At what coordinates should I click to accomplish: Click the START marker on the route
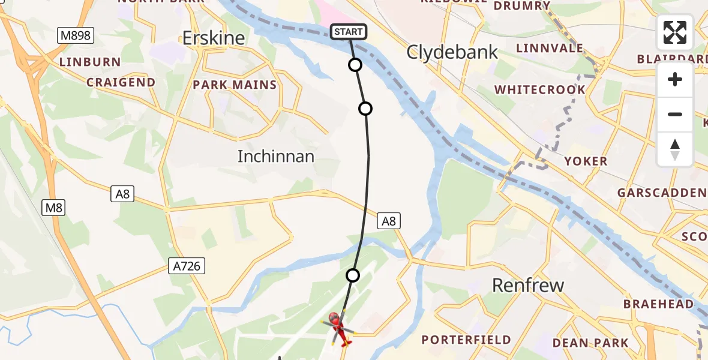click(x=349, y=32)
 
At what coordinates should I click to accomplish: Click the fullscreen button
click(x=675, y=32)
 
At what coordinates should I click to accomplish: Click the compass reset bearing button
click(x=675, y=149)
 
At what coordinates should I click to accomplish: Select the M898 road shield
click(x=76, y=35)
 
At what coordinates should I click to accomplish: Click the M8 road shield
click(x=53, y=208)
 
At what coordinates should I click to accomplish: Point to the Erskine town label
click(x=214, y=38)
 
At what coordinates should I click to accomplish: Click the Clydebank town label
click(x=452, y=52)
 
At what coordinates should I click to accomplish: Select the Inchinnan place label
click(x=276, y=157)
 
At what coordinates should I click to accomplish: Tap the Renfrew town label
click(x=528, y=285)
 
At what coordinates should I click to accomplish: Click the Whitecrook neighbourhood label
click(x=539, y=89)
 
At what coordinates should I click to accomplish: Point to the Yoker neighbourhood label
click(x=586, y=161)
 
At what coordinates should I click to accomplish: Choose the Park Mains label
click(x=235, y=85)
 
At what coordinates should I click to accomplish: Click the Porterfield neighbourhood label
click(x=466, y=340)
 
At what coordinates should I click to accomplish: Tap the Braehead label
click(x=658, y=304)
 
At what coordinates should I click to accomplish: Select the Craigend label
click(x=121, y=82)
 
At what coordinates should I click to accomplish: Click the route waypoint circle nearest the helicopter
click(x=353, y=275)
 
